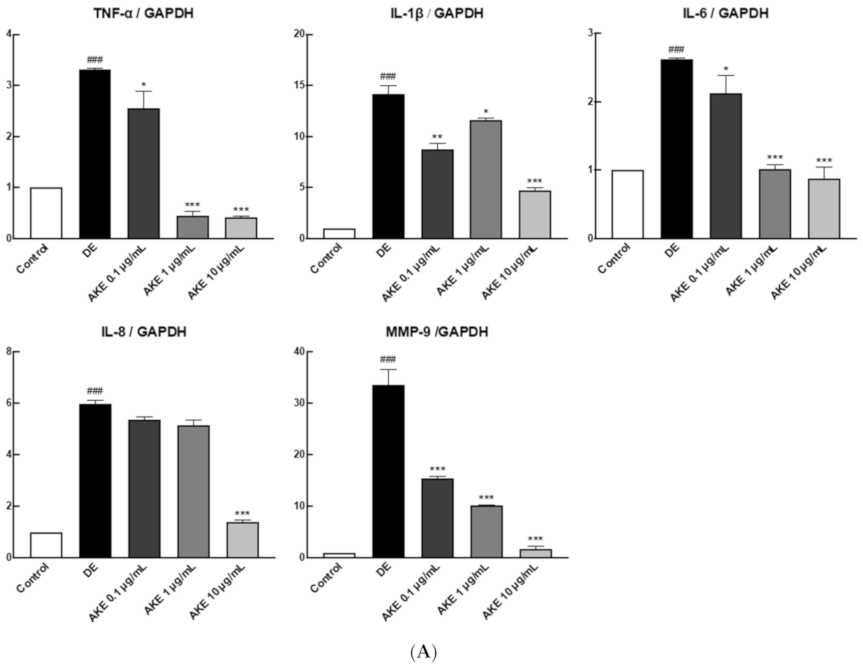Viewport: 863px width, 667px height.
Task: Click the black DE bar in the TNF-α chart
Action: [x=95, y=153]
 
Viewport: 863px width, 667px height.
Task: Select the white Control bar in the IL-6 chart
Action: [x=627, y=204]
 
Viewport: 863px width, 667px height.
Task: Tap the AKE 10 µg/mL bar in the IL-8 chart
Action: [x=242, y=540]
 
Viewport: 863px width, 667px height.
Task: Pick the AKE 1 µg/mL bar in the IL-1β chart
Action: [x=485, y=179]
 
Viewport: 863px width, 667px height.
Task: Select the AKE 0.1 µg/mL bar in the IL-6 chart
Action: [x=726, y=165]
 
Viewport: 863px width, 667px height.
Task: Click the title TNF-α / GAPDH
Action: [x=143, y=13]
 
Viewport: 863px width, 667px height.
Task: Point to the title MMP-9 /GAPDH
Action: [x=437, y=332]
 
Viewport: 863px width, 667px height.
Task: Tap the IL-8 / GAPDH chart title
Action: [x=143, y=332]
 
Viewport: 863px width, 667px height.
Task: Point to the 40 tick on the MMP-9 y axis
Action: [x=299, y=352]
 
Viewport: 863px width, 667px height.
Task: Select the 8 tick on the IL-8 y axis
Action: [x=9, y=352]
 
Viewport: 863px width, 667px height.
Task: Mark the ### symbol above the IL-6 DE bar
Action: [x=676, y=50]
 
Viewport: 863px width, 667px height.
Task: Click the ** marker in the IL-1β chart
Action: [x=437, y=137]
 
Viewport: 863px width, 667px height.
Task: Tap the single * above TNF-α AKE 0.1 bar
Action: [x=143, y=85]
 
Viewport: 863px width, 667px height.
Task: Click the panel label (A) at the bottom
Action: [x=423, y=652]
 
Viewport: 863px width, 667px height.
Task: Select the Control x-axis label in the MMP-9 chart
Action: [x=326, y=578]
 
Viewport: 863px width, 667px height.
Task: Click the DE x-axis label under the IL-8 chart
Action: [x=91, y=570]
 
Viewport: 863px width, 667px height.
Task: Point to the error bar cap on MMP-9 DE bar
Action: [x=388, y=370]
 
